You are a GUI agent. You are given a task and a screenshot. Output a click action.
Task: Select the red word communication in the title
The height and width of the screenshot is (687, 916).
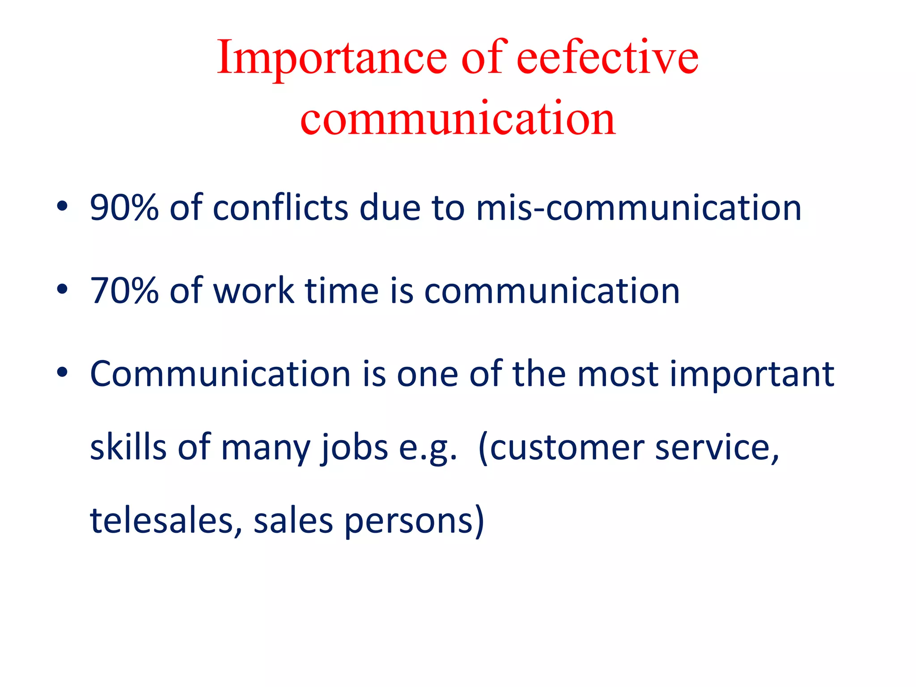tap(458, 119)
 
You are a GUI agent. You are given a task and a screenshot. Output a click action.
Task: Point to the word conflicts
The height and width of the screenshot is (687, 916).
tap(280, 208)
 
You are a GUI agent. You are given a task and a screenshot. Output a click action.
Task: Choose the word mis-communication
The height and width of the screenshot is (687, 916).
tap(638, 208)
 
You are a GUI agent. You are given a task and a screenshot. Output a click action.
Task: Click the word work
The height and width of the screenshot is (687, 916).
tap(254, 291)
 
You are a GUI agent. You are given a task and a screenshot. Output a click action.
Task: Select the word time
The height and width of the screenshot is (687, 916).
tap(342, 291)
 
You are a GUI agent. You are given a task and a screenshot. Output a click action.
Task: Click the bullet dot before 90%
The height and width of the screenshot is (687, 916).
tap(62, 206)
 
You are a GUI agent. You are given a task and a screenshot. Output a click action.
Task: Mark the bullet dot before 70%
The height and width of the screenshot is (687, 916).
tap(62, 289)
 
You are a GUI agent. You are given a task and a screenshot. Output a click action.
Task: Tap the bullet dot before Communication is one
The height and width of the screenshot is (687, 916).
tap(62, 372)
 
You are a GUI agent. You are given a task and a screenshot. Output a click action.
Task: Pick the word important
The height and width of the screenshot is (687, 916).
tap(751, 374)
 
